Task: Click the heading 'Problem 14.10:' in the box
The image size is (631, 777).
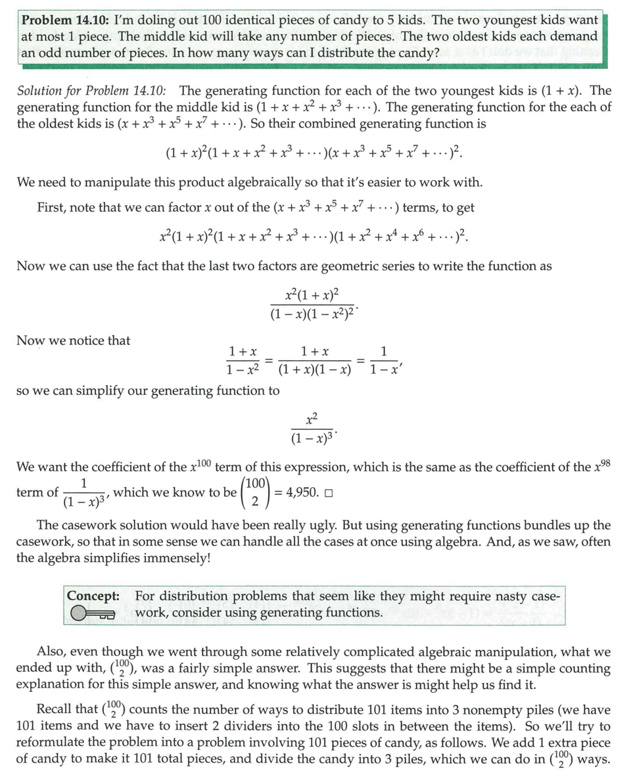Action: [62, 20]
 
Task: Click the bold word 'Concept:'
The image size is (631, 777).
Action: [93, 596]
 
